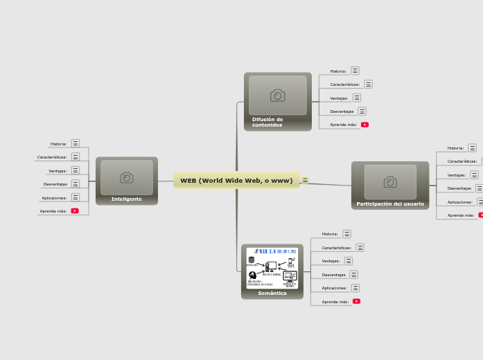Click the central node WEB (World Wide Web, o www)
tap(236, 181)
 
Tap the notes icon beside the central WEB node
tap(305, 181)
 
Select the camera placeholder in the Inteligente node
tap(126, 178)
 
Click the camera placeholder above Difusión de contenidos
tap(277, 96)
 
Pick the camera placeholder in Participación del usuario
tap(390, 182)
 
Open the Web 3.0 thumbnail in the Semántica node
tap(272, 267)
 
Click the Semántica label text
tap(272, 293)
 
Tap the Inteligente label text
tap(126, 199)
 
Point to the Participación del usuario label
tap(390, 204)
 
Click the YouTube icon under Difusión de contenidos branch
tap(365, 125)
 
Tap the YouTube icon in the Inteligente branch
tap(75, 211)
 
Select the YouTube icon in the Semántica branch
tap(356, 301)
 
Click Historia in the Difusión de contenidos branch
tap(338, 71)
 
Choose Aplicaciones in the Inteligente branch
tap(54, 197)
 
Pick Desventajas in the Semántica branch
tap(333, 275)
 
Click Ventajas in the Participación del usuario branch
tap(456, 175)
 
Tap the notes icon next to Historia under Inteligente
tap(76, 143)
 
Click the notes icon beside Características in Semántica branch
tap(360, 247)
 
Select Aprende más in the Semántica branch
tap(335, 302)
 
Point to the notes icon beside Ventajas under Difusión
tap(356, 98)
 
